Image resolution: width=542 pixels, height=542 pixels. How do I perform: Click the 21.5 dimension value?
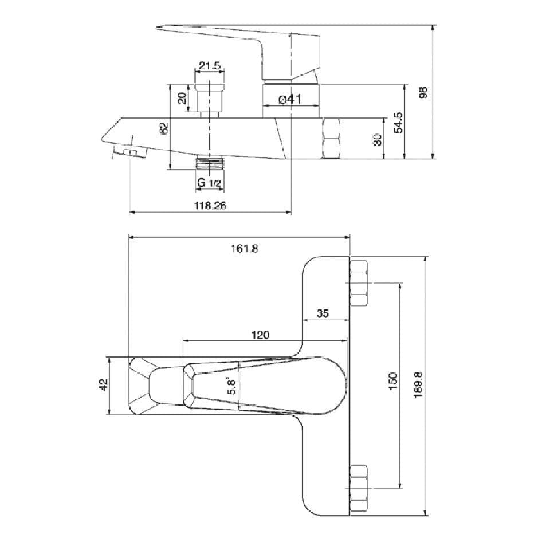pyautogui.click(x=210, y=66)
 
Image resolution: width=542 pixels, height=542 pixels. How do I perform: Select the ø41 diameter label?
pyautogui.click(x=290, y=99)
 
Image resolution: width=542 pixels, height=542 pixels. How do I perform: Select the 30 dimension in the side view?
pyautogui.click(x=378, y=140)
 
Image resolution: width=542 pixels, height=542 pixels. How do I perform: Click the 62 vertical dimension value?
pyautogui.click(x=164, y=127)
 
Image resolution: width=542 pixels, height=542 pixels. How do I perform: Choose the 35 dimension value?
pyautogui.click(x=323, y=313)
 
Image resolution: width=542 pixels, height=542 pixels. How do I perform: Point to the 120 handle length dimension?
pyautogui.click(x=260, y=335)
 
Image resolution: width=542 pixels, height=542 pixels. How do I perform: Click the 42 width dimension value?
pyautogui.click(x=104, y=386)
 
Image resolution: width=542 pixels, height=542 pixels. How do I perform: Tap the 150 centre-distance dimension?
pyautogui.click(x=392, y=382)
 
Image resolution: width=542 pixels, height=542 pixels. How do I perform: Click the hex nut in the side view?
pyautogui.click(x=332, y=138)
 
